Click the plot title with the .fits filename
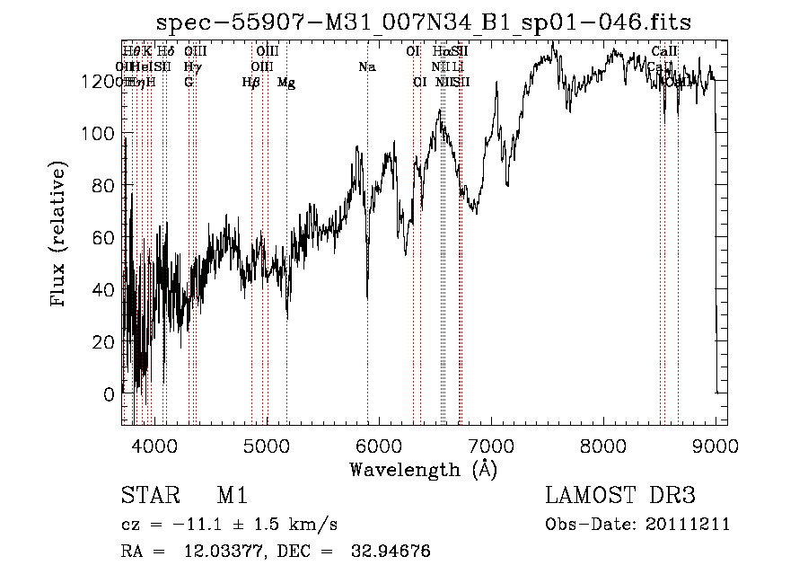(x=424, y=22)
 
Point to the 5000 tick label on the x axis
(x=266, y=444)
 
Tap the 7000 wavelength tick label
(x=491, y=444)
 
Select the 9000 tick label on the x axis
(x=716, y=444)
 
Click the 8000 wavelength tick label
(x=603, y=444)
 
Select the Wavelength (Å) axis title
(x=423, y=469)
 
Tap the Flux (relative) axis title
(x=60, y=235)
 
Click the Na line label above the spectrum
(x=366, y=67)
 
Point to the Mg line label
(x=286, y=83)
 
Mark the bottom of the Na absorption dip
(x=367, y=297)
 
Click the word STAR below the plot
(x=149, y=496)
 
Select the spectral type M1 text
(x=232, y=496)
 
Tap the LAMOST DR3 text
(x=620, y=496)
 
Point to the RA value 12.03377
(x=216, y=552)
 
